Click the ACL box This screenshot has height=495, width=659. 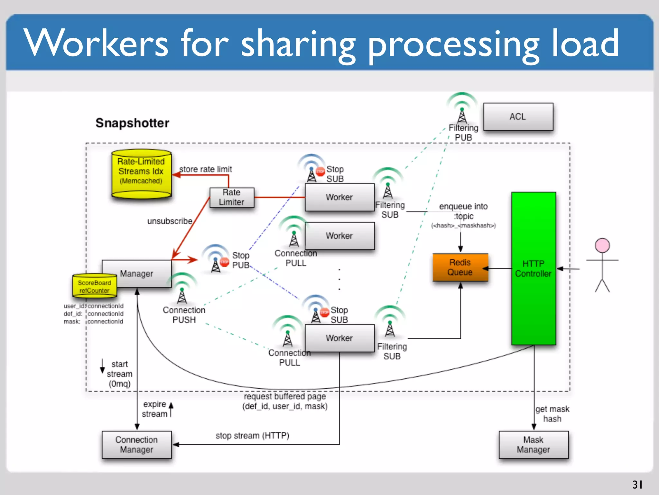(518, 117)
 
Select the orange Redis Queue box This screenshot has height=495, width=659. (460, 267)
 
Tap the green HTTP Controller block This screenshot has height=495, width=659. (534, 268)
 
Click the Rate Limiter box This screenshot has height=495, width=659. (232, 197)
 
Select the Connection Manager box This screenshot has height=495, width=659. (136, 444)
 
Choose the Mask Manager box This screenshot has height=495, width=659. (533, 444)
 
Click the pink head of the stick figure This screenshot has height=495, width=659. (602, 245)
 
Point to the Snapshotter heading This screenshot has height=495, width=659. (132, 123)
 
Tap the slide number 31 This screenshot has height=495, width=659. (637, 484)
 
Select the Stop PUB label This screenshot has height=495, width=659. (240, 260)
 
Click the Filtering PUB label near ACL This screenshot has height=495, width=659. (463, 132)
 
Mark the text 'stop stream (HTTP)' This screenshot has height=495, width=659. (252, 435)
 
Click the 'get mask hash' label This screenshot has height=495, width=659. (552, 414)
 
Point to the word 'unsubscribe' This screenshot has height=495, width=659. (170, 221)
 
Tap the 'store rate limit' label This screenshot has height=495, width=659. (205, 169)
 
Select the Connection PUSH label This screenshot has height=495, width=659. (184, 315)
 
